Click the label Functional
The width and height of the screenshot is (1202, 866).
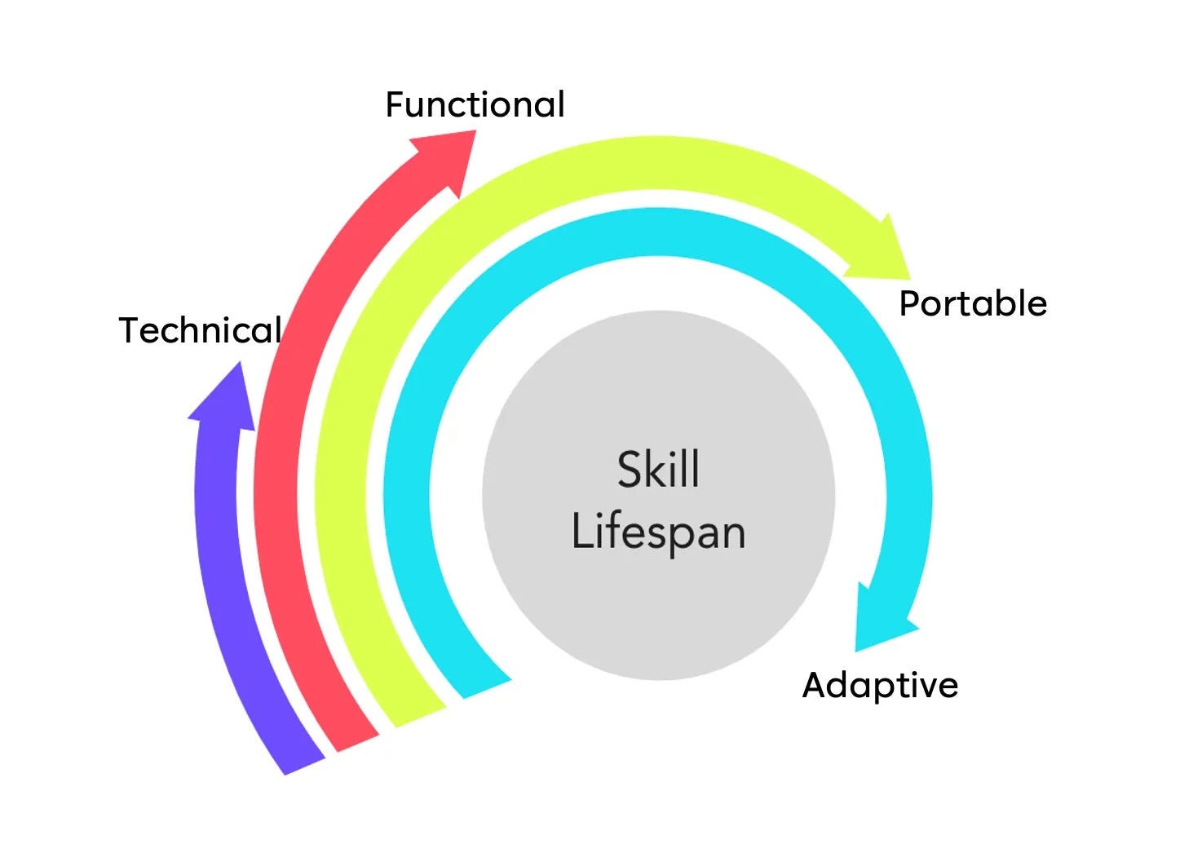pos(475,105)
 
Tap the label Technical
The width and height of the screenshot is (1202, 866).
pos(201,330)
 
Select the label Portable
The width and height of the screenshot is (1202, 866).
pos(973,304)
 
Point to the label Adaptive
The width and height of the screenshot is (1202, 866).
pos(880,685)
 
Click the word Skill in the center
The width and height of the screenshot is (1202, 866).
pos(658,470)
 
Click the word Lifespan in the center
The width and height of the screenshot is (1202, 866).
pos(658,532)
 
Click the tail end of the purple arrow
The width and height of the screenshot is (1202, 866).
pos(303,762)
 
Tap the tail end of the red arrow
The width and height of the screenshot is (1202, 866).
pos(357,740)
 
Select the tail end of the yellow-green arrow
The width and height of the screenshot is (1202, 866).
pos(418,715)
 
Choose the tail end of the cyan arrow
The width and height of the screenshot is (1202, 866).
pos(486,687)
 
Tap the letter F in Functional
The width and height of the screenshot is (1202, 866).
pos(396,105)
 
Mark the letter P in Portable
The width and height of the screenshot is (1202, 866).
pos(908,304)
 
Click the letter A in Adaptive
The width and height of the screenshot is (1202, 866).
pos(815,685)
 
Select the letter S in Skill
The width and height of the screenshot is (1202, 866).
pos(630,470)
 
